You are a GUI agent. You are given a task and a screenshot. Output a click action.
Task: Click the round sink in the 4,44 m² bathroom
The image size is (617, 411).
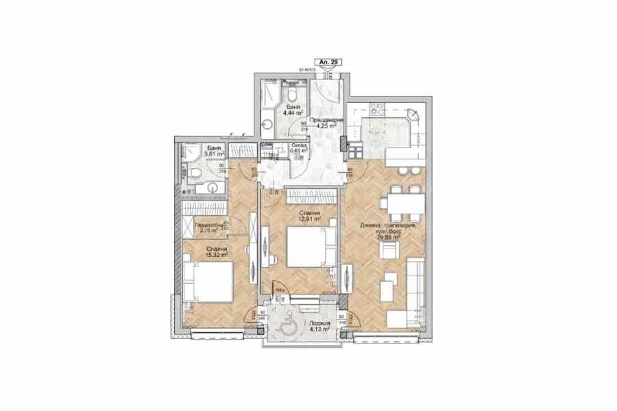pos(267,127)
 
